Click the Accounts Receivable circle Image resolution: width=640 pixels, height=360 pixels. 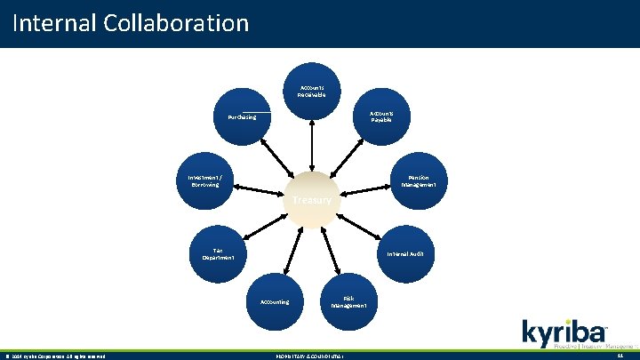[x=311, y=91]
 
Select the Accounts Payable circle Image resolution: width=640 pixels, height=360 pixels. [x=383, y=116]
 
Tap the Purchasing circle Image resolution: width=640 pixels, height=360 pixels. [x=242, y=116]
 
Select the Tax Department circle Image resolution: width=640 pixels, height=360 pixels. [x=217, y=253]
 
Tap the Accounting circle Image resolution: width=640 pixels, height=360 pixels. [x=275, y=301]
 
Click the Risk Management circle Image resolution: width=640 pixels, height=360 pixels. [x=349, y=301]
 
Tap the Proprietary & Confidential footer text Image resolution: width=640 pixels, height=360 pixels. [x=310, y=356]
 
